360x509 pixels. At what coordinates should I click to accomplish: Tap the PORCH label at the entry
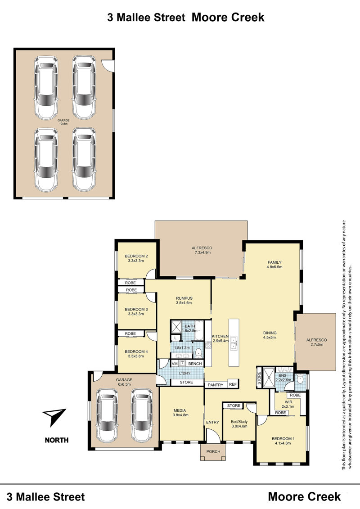pyautogui.click(x=213, y=451)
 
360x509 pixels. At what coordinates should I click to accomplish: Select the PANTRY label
pyautogui.click(x=216, y=385)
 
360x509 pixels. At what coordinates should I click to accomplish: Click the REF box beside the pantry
pyautogui.click(x=233, y=384)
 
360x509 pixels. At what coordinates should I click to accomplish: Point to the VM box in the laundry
pyautogui.click(x=175, y=364)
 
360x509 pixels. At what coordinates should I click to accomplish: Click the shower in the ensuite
pyautogui.click(x=269, y=377)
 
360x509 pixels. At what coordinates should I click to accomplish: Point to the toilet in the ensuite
pyautogui.click(x=300, y=379)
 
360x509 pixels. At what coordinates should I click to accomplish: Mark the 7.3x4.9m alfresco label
pyautogui.click(x=202, y=250)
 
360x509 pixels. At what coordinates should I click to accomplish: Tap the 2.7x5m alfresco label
pyautogui.click(x=316, y=342)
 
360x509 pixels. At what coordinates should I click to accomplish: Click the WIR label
pyautogui.click(x=288, y=402)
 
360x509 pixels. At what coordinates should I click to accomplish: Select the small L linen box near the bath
pyautogui.click(x=175, y=338)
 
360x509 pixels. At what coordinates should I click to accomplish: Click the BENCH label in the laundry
pyautogui.click(x=195, y=364)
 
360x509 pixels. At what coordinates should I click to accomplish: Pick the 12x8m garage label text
pyautogui.click(x=63, y=122)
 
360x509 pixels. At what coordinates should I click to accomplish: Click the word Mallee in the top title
pyautogui.click(x=151, y=17)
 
